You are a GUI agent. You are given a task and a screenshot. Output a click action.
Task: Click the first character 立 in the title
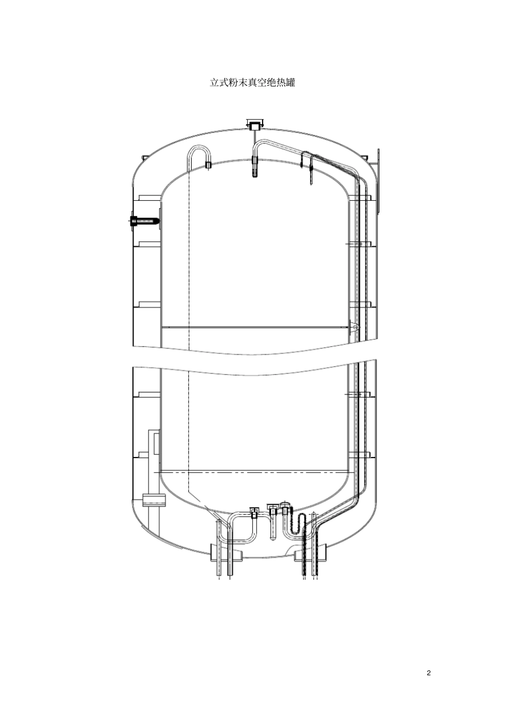215,83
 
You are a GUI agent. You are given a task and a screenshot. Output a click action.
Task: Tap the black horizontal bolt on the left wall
144,221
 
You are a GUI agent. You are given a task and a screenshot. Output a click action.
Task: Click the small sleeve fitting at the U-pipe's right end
208,165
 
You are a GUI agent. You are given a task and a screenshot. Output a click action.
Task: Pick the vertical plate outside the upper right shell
378,180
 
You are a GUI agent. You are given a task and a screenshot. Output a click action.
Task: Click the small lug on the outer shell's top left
144,157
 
